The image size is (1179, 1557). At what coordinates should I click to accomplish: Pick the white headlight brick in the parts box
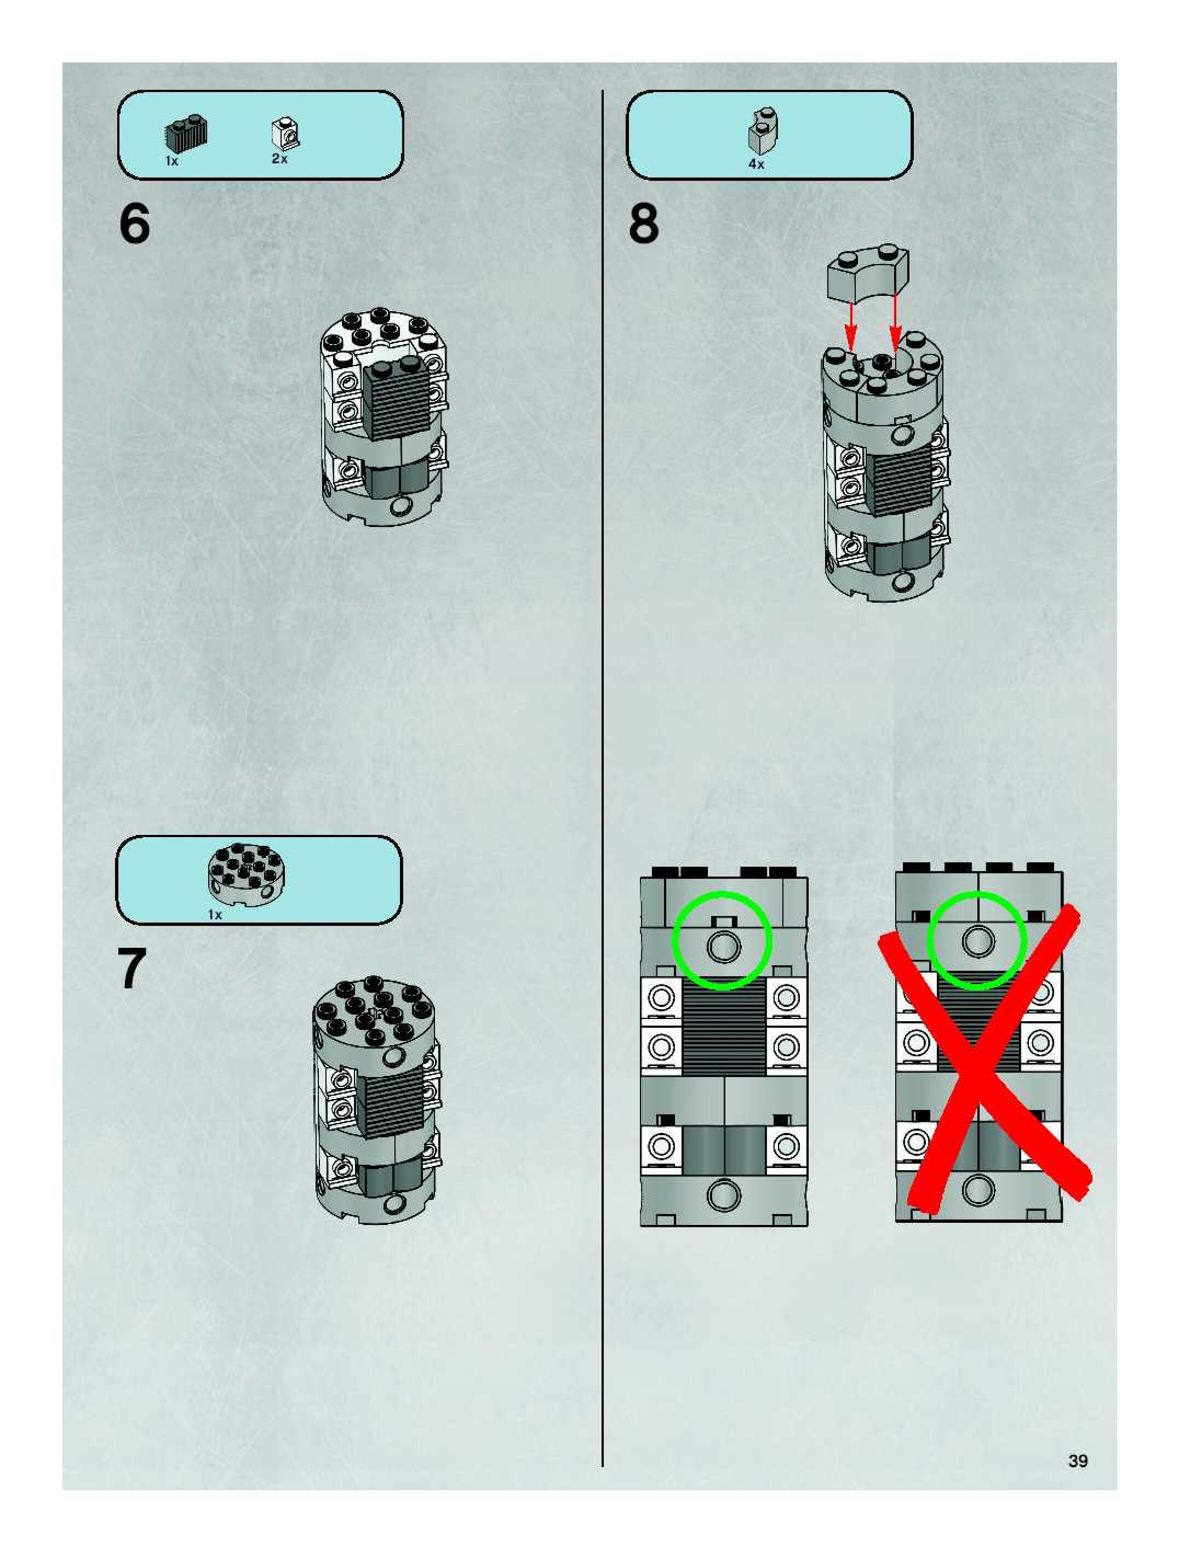click(285, 134)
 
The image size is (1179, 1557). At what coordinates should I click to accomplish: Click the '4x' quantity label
click(756, 164)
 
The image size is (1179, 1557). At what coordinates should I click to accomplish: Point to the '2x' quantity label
click(279, 159)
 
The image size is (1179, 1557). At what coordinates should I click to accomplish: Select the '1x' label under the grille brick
click(171, 161)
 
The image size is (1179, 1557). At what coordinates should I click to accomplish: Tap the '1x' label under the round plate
click(215, 914)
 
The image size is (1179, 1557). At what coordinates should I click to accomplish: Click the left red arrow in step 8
click(852, 327)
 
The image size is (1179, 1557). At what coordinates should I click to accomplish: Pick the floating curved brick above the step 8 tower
click(867, 272)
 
